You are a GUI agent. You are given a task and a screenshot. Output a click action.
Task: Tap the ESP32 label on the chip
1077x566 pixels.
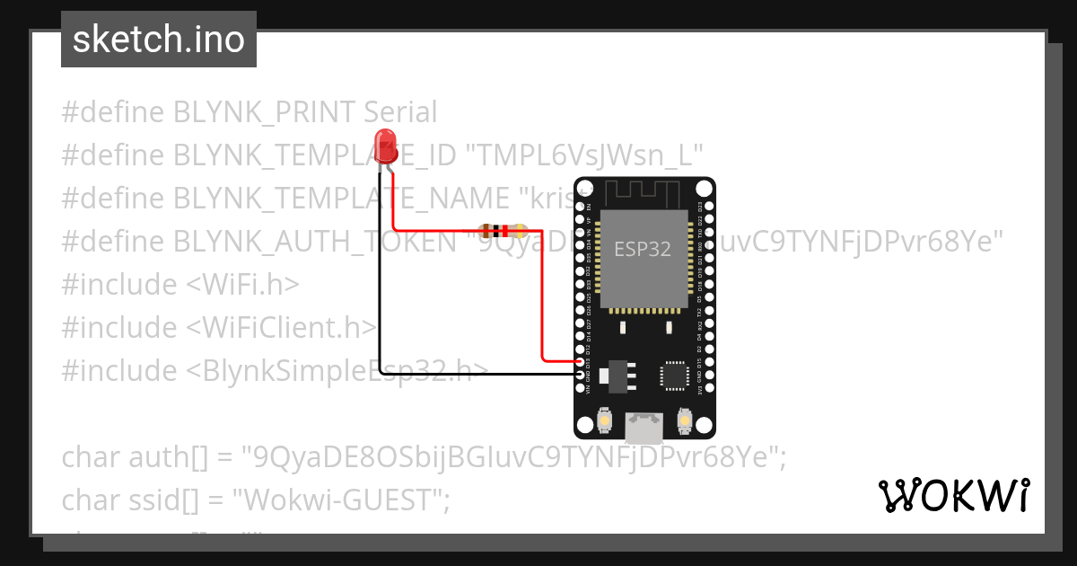click(x=642, y=249)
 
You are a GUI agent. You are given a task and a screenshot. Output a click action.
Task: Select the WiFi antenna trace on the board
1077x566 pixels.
click(x=644, y=192)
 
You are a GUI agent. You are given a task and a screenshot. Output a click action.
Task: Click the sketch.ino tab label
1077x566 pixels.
click(x=159, y=40)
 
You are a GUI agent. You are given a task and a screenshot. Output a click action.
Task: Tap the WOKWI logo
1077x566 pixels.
click(x=953, y=495)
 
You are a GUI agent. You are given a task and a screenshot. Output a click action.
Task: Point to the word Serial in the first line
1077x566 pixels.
click(x=400, y=112)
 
